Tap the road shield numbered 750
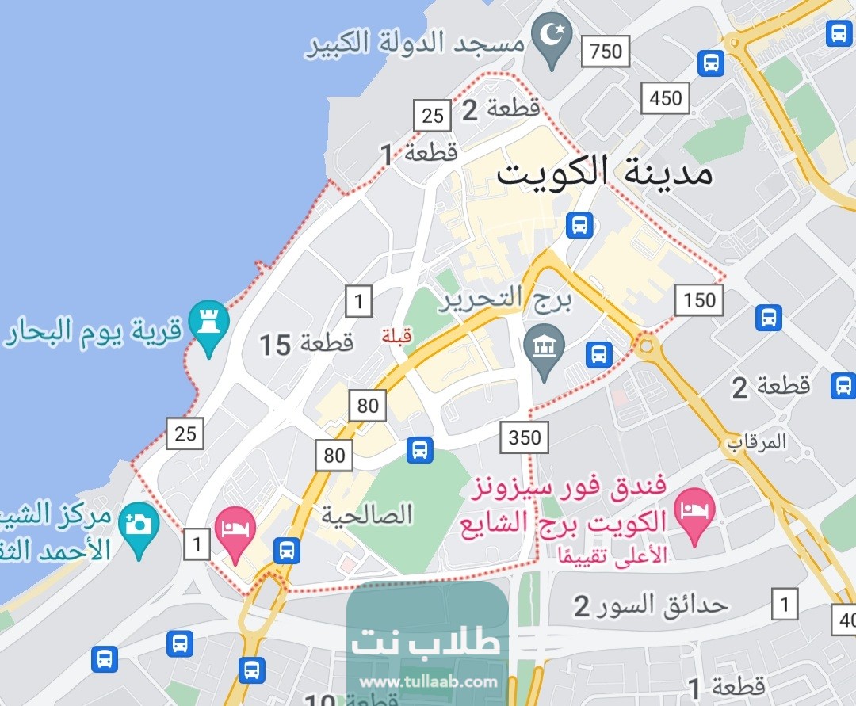click(x=606, y=52)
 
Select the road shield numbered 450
click(x=665, y=98)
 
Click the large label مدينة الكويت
click(x=604, y=172)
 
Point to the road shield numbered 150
click(x=699, y=300)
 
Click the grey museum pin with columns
click(x=545, y=349)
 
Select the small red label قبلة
click(x=396, y=336)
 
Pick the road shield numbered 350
click(x=525, y=437)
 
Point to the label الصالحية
click(x=367, y=516)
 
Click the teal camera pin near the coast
click(x=139, y=524)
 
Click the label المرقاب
click(x=758, y=441)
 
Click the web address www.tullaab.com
click(x=428, y=681)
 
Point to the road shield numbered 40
click(x=843, y=618)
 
